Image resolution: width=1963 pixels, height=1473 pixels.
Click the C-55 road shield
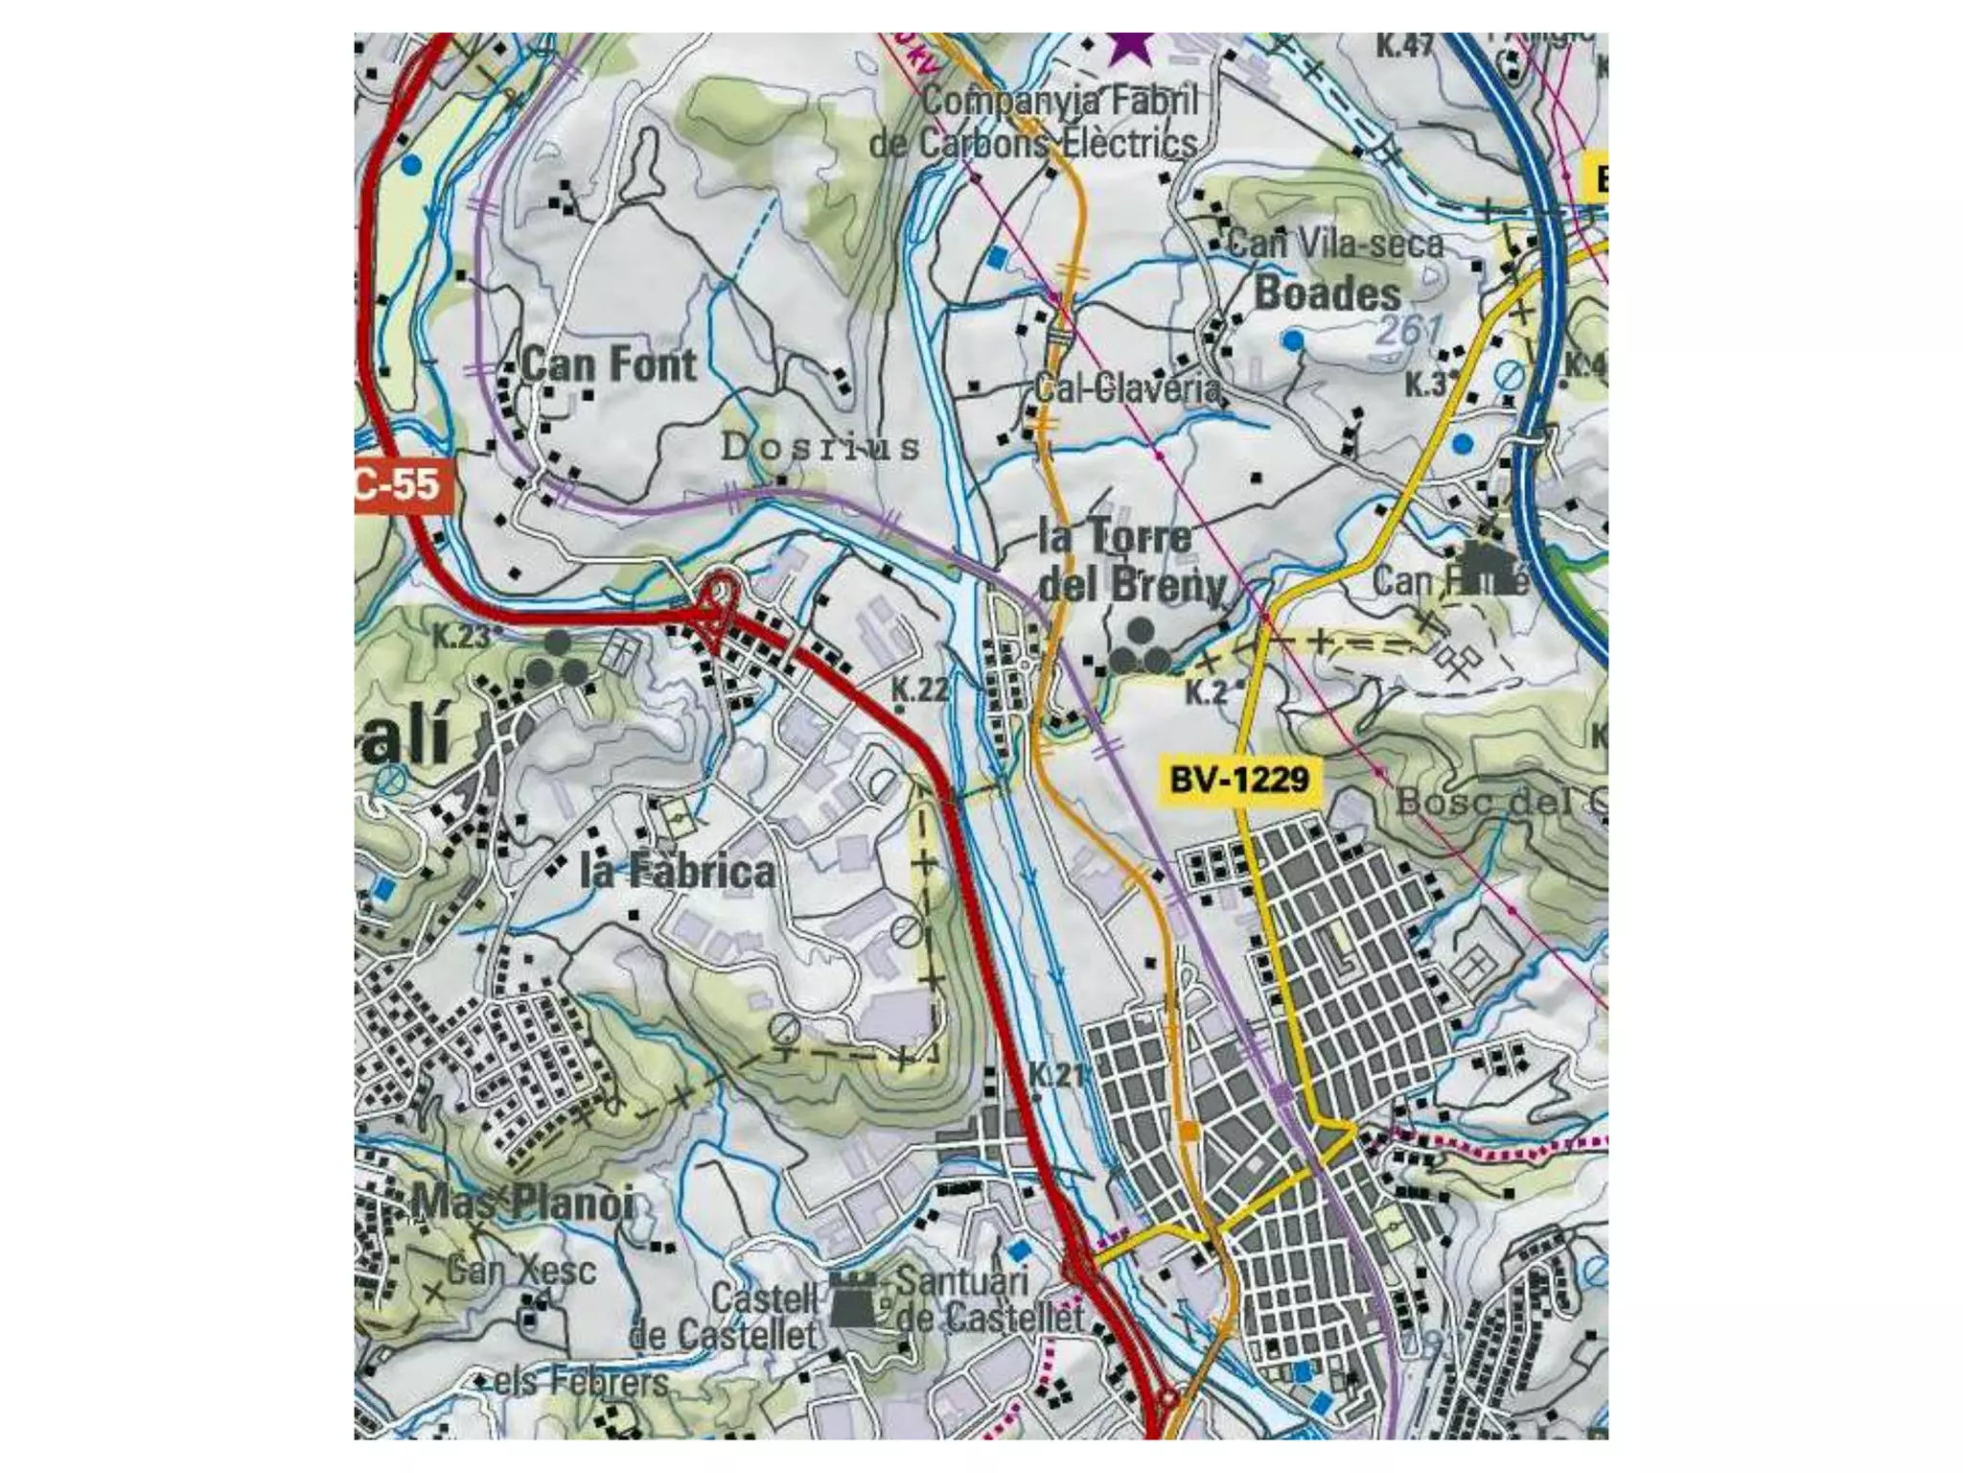pos(397,485)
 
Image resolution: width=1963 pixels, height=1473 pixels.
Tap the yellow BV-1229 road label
pos(1239,780)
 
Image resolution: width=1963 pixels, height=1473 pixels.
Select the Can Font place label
pos(609,364)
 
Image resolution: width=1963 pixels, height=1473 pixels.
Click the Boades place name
pos(1328,293)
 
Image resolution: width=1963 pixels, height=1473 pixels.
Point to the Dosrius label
pos(820,447)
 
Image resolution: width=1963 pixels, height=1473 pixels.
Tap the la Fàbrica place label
pos(678,871)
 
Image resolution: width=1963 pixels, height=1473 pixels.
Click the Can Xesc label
pos(521,1271)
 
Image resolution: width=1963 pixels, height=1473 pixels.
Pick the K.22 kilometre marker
pos(919,689)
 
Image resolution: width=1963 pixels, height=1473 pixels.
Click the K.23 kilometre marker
pos(461,636)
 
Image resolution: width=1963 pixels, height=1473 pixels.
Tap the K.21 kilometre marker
pos(1057,1074)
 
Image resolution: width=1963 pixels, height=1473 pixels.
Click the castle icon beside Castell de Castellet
pos(852,1299)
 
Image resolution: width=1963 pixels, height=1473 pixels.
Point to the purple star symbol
pos(1130,46)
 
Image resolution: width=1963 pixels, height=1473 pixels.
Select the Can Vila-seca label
pos(1335,244)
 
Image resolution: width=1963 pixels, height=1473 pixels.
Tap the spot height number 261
pos(1408,331)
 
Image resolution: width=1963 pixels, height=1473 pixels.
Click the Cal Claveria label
pos(1127,388)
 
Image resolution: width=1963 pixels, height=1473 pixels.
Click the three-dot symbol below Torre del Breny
pos(1140,647)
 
